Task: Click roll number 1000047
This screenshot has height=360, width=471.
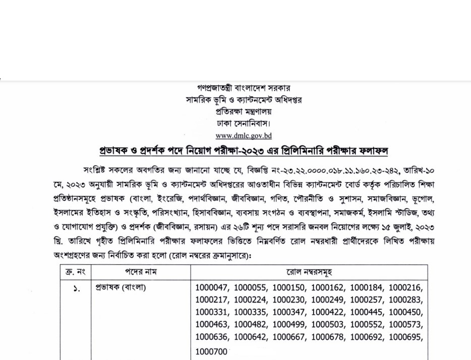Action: click(x=212, y=288)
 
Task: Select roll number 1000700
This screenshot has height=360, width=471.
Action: click(x=212, y=351)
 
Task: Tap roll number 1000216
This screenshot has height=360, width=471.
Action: click(x=406, y=288)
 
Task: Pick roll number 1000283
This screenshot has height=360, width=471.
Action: click(x=406, y=301)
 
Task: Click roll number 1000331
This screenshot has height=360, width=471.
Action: click(x=212, y=313)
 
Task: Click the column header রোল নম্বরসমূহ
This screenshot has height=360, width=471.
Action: click(x=309, y=272)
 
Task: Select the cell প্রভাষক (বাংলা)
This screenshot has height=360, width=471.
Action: click(x=121, y=288)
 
